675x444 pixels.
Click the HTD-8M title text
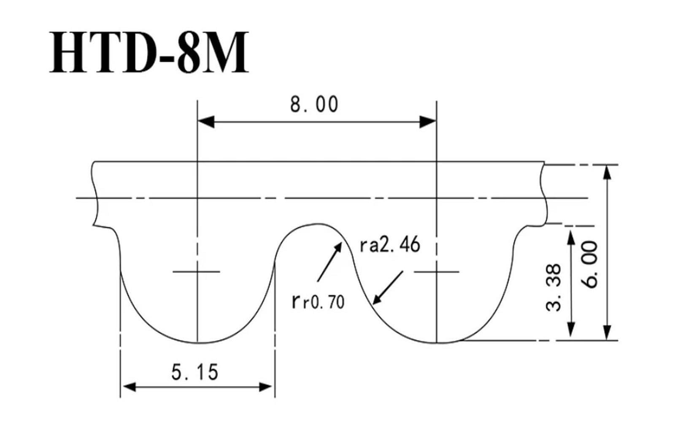click(x=149, y=51)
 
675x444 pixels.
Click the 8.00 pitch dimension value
click(x=314, y=105)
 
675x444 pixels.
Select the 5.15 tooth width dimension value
click(x=194, y=372)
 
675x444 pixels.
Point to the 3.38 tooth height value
click(x=553, y=287)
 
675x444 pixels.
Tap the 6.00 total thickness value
click(x=589, y=265)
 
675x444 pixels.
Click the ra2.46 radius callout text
click(x=390, y=244)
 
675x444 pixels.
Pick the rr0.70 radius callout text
click(x=318, y=302)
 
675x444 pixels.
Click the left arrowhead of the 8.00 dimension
click(x=206, y=122)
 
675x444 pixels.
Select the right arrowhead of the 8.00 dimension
click(x=428, y=122)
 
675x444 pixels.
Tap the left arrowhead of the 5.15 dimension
click(x=129, y=387)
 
